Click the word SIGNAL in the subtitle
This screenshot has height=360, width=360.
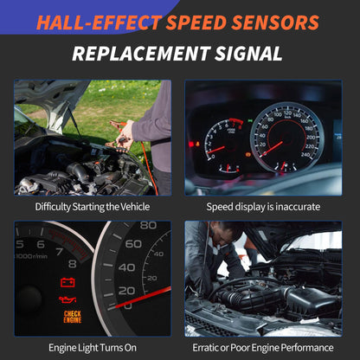coord(251,54)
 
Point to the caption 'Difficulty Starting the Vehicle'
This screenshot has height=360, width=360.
coord(92,207)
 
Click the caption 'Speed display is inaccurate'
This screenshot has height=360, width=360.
coord(263,207)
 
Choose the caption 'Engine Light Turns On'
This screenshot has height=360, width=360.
coord(93,348)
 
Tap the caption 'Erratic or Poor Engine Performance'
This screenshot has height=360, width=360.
coord(263,348)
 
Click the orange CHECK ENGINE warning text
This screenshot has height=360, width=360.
coord(73,316)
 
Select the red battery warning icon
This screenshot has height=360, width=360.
coord(66,282)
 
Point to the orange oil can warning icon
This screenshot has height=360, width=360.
coord(67,299)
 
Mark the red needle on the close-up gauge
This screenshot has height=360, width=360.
coord(147,299)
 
